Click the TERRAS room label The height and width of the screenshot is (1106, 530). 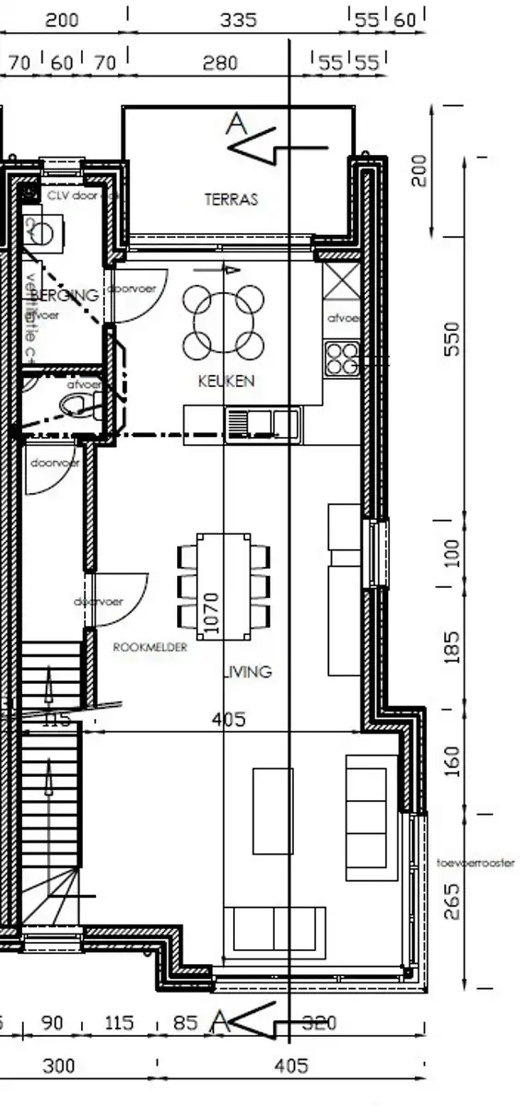[231, 198]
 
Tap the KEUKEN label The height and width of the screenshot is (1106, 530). [226, 381]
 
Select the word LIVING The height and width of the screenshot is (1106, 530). [249, 672]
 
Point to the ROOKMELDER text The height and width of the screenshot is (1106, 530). [149, 648]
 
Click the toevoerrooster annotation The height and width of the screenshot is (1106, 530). [476, 864]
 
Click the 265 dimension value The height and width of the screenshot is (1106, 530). [451, 902]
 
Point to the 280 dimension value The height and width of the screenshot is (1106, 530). [219, 63]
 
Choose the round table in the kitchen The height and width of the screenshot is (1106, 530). [225, 322]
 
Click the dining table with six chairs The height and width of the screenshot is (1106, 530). [225, 584]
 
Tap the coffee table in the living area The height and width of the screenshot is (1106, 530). [273, 810]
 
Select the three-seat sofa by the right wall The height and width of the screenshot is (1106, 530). [366, 818]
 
